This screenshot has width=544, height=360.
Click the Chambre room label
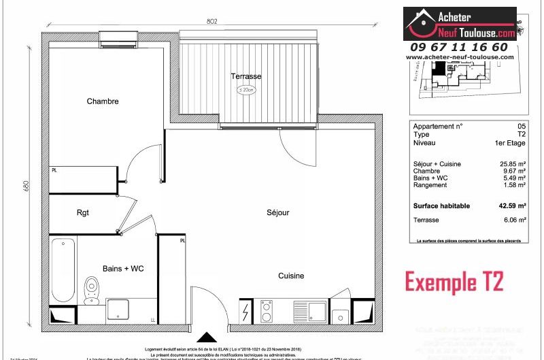click(x=103, y=101)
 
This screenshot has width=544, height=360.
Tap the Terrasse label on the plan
click(x=245, y=76)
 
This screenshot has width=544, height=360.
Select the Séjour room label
click(x=277, y=212)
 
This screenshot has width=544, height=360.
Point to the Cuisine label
click(x=290, y=276)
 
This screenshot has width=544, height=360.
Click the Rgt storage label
click(x=82, y=212)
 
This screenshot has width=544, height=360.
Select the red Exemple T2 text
click(x=454, y=281)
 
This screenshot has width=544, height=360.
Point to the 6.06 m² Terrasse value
click(x=513, y=220)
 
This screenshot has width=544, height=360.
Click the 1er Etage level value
click(x=510, y=143)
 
